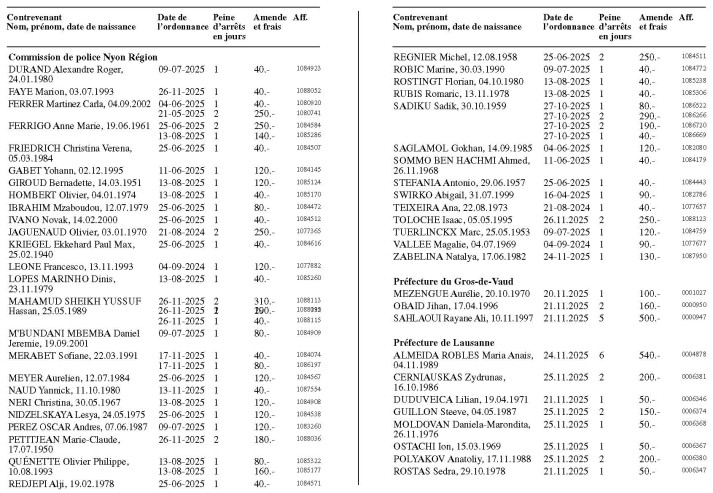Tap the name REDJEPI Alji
(x=42, y=481)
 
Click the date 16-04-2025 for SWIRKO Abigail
(x=562, y=194)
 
